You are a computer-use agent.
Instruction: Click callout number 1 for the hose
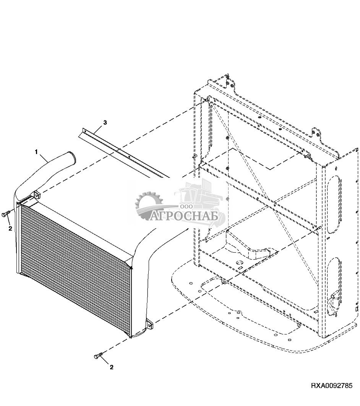[36, 152]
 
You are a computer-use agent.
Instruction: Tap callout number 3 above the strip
[105, 122]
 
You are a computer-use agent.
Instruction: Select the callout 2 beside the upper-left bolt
[10, 229]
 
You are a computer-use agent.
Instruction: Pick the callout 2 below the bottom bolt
[112, 367]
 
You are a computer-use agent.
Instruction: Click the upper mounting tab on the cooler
[37, 195]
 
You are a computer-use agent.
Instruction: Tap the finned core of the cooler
[73, 268]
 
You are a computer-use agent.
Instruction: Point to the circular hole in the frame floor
[239, 263]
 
